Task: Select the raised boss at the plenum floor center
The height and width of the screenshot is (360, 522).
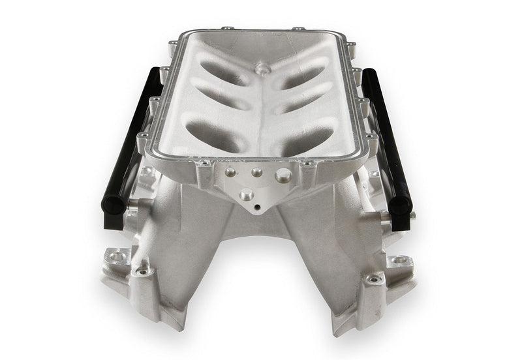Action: coord(262,68)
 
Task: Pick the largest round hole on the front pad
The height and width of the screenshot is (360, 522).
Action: coord(283,175)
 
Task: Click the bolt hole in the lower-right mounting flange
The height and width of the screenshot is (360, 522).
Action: coord(399,262)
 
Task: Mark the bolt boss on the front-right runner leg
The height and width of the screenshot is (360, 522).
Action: coord(373,279)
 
